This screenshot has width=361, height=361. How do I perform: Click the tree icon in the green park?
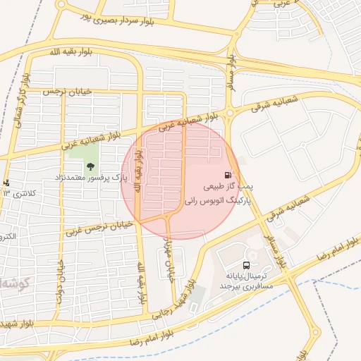90,166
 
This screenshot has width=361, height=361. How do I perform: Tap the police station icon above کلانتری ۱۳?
7,183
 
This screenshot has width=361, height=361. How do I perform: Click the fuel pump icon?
228,176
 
